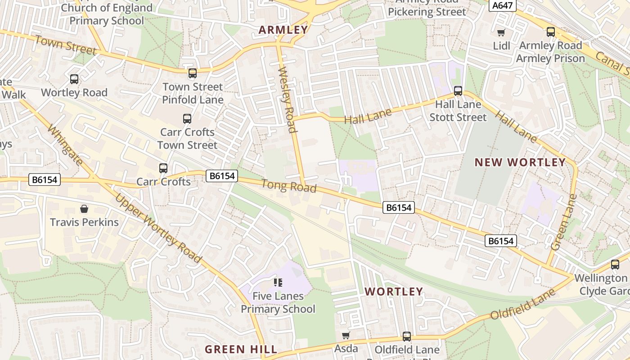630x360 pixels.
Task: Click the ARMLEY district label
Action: click(x=283, y=30)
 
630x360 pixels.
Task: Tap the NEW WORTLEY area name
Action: click(x=520, y=162)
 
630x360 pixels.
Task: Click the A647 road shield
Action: click(x=502, y=5)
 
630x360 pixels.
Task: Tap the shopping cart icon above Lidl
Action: click(x=501, y=32)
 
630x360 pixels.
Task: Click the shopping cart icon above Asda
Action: click(x=346, y=335)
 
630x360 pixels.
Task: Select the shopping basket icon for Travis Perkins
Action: click(x=84, y=209)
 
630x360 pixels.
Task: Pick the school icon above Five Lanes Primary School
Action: click(x=278, y=283)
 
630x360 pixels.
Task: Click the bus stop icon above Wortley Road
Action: click(x=74, y=79)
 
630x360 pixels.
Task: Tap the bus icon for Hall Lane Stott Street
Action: click(x=458, y=91)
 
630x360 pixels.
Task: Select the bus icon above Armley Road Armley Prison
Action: click(x=550, y=32)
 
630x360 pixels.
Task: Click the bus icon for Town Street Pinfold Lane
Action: click(x=193, y=73)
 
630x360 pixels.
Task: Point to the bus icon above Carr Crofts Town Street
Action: click(x=187, y=119)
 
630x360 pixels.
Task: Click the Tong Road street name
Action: click(x=288, y=186)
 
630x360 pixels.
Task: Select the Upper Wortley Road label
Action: click(x=157, y=228)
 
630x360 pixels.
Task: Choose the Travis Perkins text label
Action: click(x=84, y=222)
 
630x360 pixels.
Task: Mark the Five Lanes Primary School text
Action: click(x=278, y=302)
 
